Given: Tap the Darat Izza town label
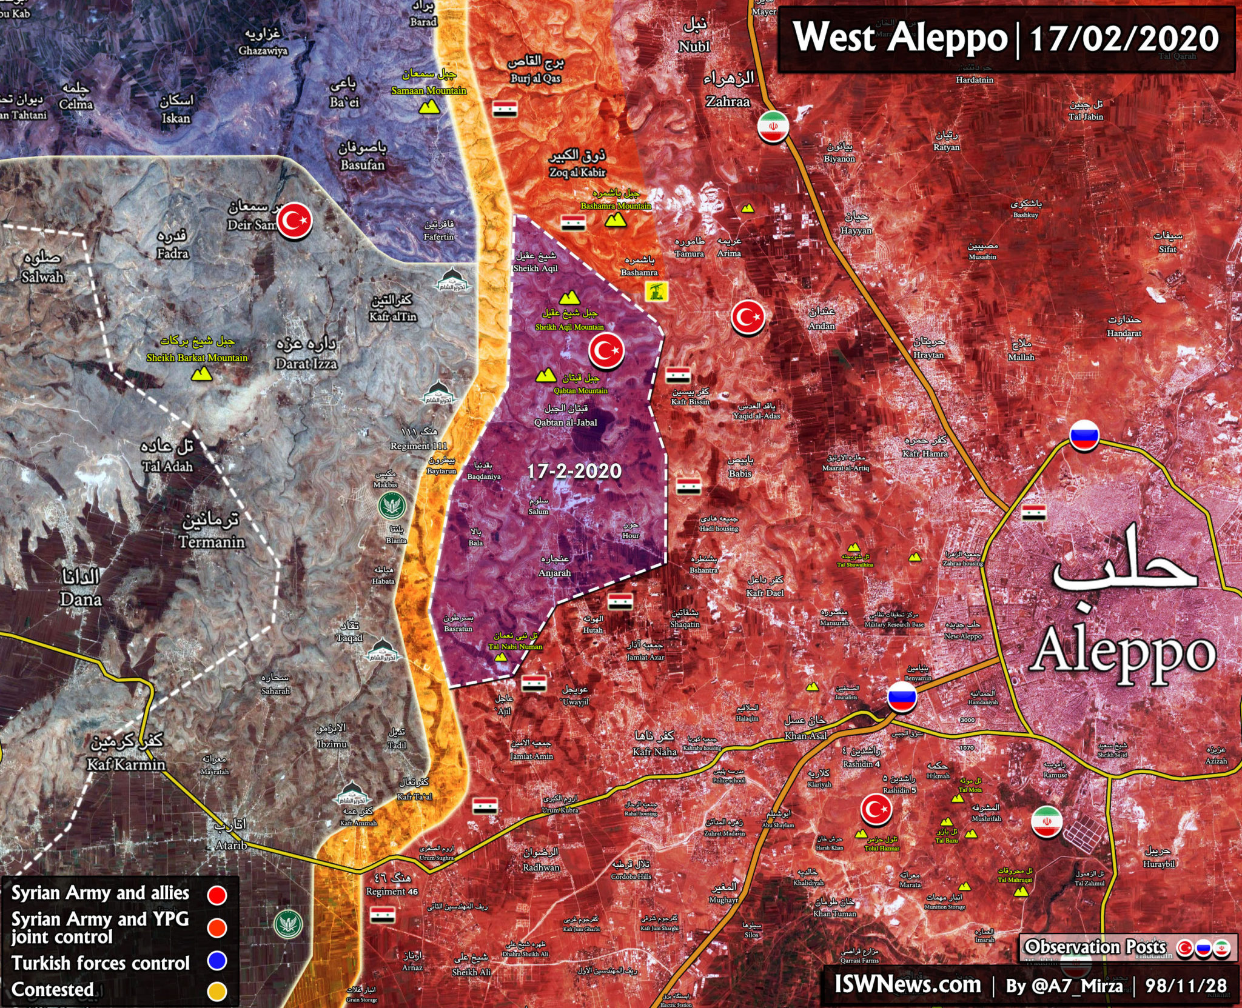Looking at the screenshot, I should (306, 363).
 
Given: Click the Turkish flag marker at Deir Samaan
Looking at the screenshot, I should (295, 219).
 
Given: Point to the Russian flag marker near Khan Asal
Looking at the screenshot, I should (902, 697).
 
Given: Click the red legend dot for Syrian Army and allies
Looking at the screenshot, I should (217, 895).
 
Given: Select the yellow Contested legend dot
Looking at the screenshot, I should (217, 992).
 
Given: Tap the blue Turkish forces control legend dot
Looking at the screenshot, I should (217, 961).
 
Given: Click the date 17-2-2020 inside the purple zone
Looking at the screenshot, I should (574, 472).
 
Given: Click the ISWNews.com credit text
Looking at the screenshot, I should (907, 984).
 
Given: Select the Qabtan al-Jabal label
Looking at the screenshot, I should (565, 422).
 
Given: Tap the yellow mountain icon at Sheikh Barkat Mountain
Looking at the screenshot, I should (201, 374).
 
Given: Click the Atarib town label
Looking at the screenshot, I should (231, 844).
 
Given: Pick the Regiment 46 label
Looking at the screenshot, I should (392, 891).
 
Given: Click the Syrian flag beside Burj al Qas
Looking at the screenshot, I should (505, 110).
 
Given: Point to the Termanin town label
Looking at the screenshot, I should (212, 541).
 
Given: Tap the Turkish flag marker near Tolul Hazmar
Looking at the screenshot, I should (876, 809).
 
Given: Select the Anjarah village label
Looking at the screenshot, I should (554, 572).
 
